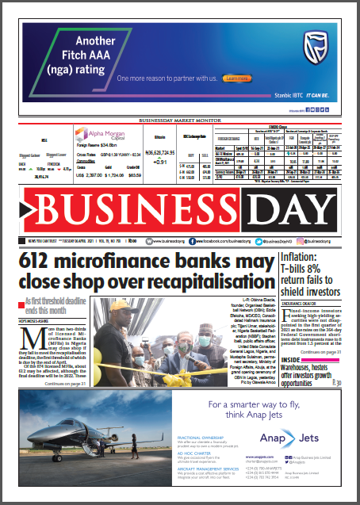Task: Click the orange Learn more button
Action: point(237,78)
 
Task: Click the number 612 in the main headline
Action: point(42,260)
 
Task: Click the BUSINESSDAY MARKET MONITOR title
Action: point(179,120)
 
